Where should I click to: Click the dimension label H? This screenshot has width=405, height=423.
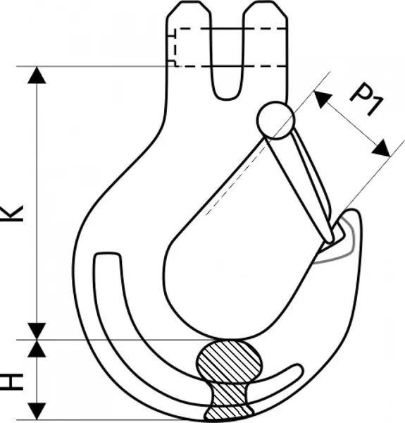pyautogui.click(x=12, y=382)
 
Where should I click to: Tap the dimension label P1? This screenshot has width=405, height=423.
pyautogui.click(x=366, y=99)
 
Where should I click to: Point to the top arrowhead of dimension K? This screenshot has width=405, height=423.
pyautogui.click(x=37, y=75)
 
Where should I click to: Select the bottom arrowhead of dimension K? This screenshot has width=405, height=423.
pyautogui.click(x=37, y=331)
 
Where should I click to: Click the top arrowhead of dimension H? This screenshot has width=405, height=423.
pyautogui.click(x=37, y=348)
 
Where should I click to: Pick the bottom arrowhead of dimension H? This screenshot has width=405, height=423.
pyautogui.click(x=37, y=411)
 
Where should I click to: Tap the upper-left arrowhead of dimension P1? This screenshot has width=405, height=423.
pyautogui.click(x=322, y=99)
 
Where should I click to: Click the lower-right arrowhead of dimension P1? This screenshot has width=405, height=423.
pyautogui.click(x=382, y=148)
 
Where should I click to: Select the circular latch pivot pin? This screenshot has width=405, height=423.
pyautogui.click(x=275, y=121)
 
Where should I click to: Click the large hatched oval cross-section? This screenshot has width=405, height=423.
pyautogui.click(x=228, y=362)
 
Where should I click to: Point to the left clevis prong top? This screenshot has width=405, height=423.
pyautogui.click(x=189, y=11)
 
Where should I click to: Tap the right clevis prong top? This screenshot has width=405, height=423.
pyautogui.click(x=266, y=11)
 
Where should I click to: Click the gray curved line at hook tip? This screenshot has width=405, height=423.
pyautogui.click(x=348, y=243)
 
